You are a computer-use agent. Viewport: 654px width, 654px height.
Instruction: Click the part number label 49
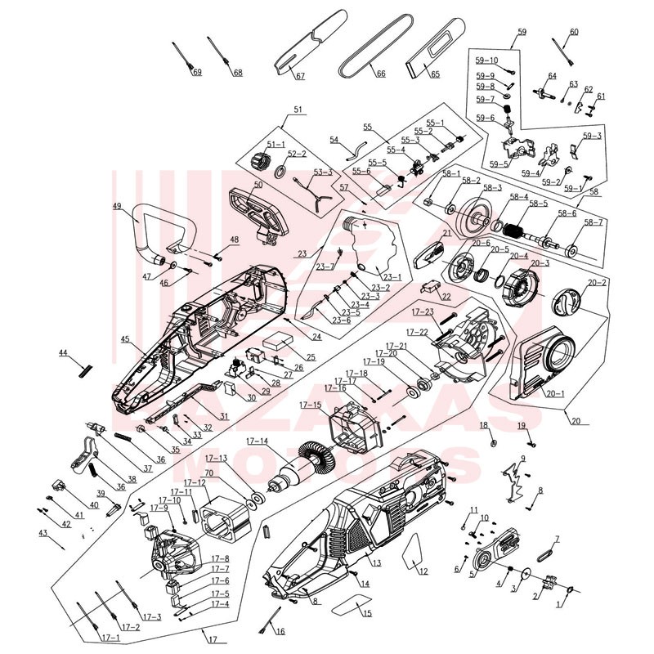click(x=118, y=206)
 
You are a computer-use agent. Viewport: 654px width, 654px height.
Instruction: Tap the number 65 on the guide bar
click(x=435, y=74)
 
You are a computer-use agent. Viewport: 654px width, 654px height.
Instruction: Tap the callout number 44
click(x=63, y=352)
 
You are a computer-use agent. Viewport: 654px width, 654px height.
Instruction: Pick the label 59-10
click(x=486, y=60)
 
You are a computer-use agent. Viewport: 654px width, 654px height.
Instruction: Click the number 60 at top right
click(x=573, y=31)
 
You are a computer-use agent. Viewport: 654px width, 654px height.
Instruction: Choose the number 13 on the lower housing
click(x=377, y=563)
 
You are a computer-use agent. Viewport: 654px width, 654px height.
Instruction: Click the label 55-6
click(x=361, y=171)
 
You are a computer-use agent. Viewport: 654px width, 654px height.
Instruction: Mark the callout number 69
click(x=197, y=73)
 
